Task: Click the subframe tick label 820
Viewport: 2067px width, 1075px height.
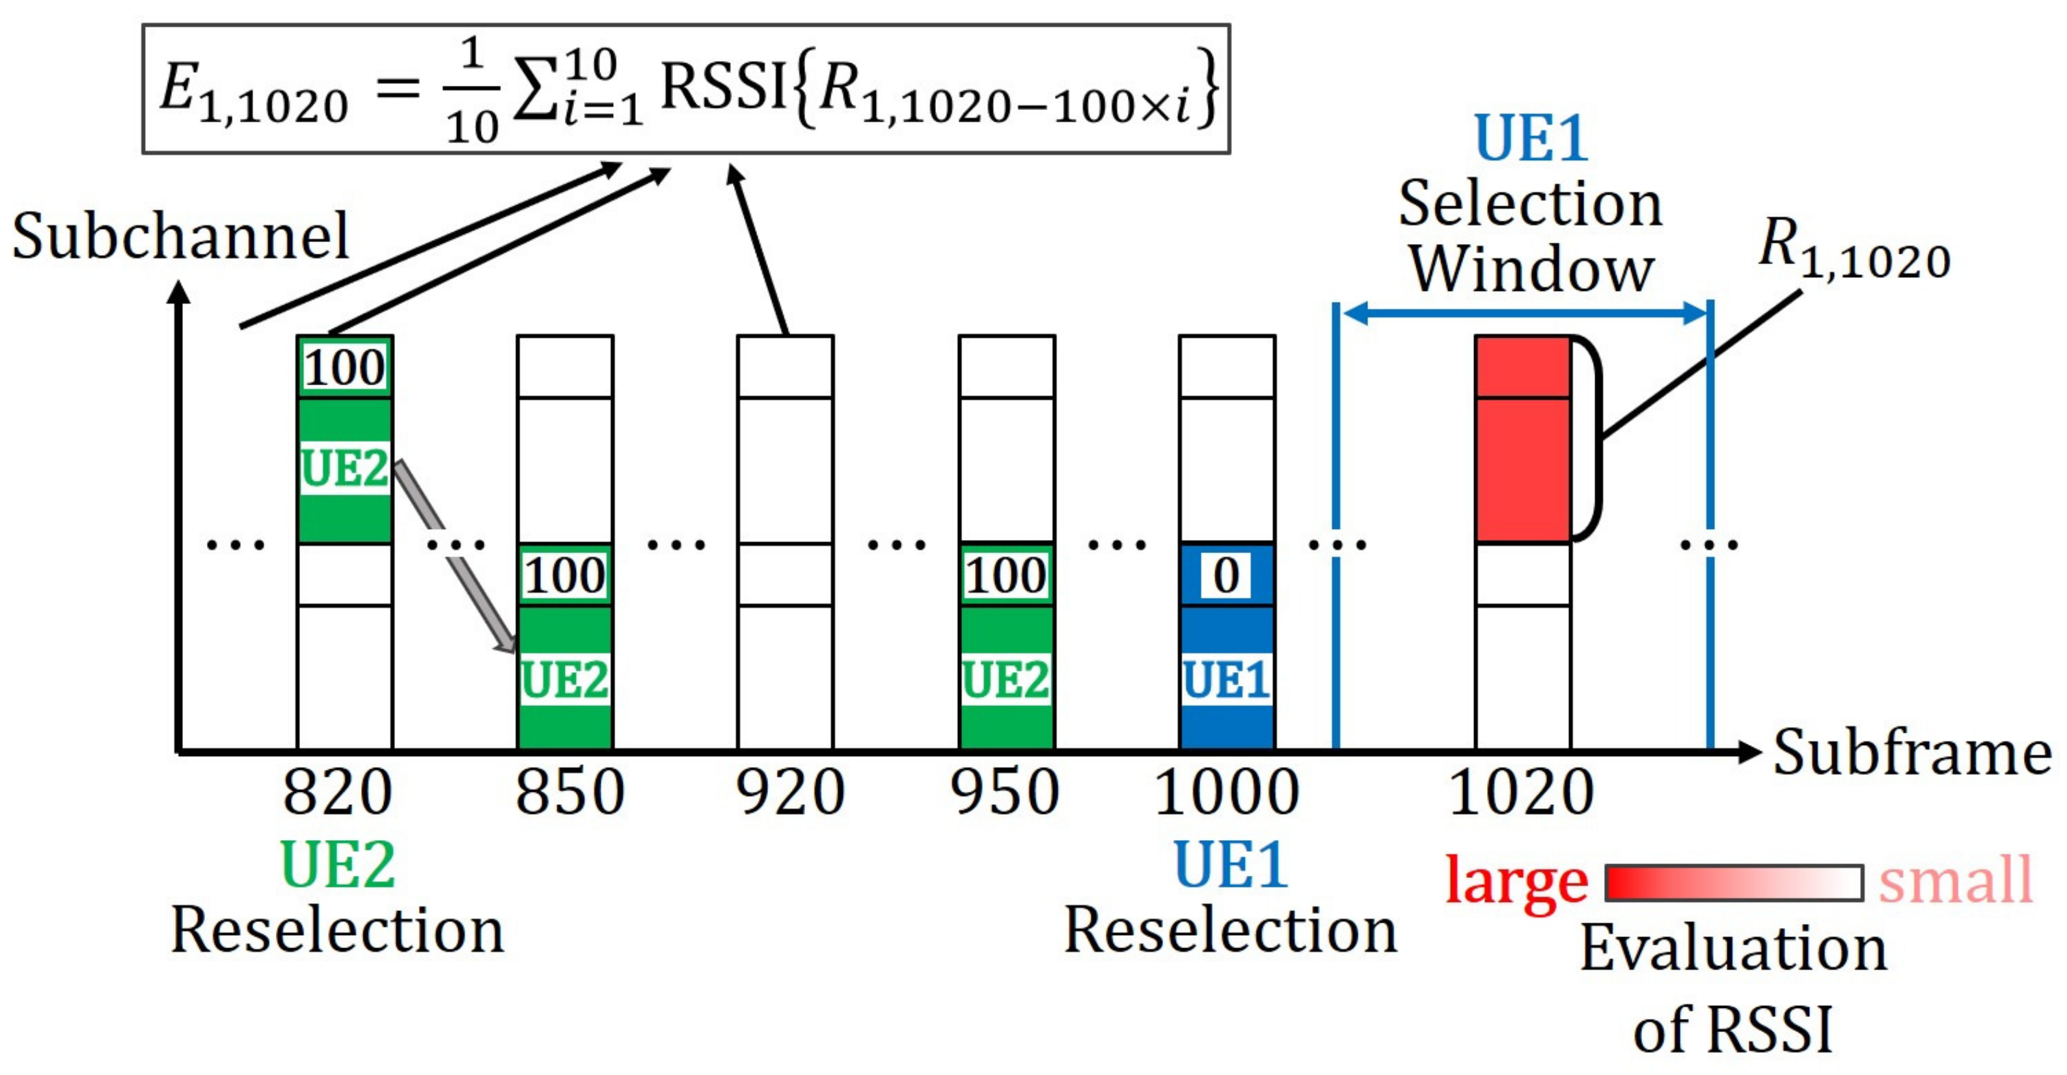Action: point(338,792)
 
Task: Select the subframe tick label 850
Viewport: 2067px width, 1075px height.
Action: point(569,792)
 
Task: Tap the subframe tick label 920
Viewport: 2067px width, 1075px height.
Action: point(789,792)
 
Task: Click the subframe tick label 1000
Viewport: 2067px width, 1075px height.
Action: point(1226,792)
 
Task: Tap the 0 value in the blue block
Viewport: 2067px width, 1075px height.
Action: point(1225,575)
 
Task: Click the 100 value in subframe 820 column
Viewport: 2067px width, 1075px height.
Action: point(345,368)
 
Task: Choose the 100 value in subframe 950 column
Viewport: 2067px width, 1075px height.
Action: point(1006,575)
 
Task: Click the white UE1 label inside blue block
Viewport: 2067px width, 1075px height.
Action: point(1226,679)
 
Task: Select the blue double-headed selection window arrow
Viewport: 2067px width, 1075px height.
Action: point(1523,313)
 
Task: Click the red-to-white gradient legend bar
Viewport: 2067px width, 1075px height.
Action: point(1733,882)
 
